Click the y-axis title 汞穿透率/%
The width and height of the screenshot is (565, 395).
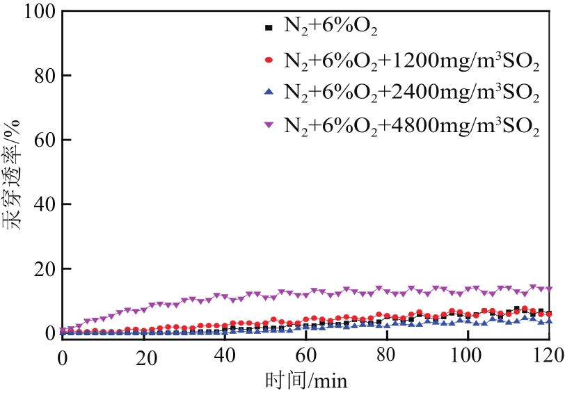tap(15, 170)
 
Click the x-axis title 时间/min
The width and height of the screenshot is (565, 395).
tap(305, 381)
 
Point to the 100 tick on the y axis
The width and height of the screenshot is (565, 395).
tap(36, 11)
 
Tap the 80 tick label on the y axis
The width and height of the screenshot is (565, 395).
tap(41, 75)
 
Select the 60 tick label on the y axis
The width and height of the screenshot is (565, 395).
tap(41, 140)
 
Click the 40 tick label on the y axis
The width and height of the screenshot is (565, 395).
tap(41, 204)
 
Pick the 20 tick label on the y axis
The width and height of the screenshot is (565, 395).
tap(41, 269)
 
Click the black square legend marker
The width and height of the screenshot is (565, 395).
tap(269, 29)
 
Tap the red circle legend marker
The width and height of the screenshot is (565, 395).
tap(269, 61)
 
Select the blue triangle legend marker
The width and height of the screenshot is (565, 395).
tap(269, 92)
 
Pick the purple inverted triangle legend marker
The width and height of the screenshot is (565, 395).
tap(269, 124)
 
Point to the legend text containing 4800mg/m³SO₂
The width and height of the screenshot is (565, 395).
tap(411, 125)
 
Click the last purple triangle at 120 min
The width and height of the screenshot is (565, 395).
tap(548, 289)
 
